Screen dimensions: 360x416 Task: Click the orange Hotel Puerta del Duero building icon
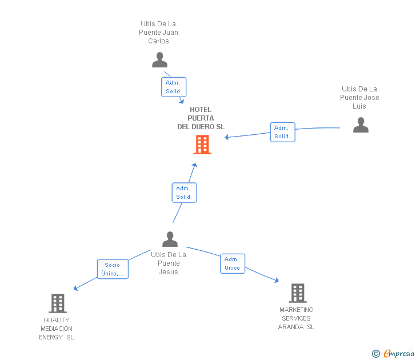tap(202, 145)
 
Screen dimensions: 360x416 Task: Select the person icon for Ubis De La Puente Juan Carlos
tap(159, 60)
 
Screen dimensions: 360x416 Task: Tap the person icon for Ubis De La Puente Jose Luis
tap(361, 125)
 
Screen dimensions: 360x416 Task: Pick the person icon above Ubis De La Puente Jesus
tap(170, 239)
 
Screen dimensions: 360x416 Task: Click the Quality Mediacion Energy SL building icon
tap(58, 303)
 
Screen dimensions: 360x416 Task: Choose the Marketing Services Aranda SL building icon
tap(297, 293)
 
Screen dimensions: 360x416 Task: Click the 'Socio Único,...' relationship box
tap(113, 269)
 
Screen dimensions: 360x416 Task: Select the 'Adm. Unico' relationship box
tap(232, 263)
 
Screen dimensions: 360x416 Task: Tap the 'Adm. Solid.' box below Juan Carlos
tap(173, 87)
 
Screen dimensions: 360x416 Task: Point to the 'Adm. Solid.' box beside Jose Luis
tap(282, 132)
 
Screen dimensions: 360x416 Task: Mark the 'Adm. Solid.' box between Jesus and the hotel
tap(184, 193)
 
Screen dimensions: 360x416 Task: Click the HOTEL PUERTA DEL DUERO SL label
tap(201, 118)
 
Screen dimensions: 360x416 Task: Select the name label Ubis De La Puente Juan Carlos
tap(158, 33)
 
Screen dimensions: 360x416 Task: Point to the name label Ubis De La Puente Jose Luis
tap(359, 98)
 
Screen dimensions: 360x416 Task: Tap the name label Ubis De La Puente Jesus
tap(169, 263)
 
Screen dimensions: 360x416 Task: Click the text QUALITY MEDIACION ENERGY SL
tap(57, 329)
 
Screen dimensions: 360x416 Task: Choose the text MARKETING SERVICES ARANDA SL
tap(296, 318)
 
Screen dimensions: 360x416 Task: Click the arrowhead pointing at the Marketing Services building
tap(277, 280)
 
